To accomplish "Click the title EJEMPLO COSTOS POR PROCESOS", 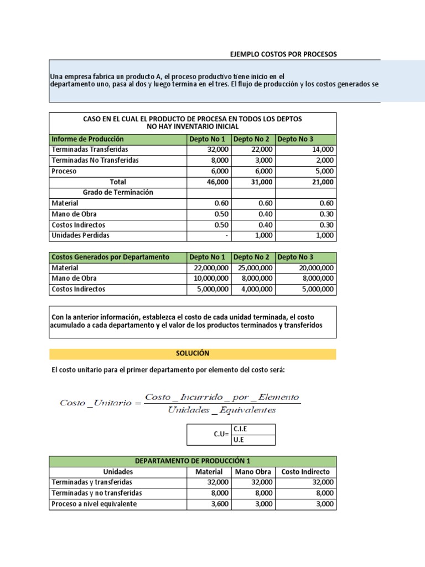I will [283, 54].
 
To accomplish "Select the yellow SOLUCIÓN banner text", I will [192, 353].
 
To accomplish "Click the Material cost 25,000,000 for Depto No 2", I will [253, 267].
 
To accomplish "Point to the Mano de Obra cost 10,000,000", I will [209, 279].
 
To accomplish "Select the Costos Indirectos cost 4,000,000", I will [253, 289].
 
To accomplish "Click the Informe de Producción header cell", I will [87, 139].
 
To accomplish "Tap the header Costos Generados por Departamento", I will [110, 257].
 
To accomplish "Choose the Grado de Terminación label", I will [118, 192].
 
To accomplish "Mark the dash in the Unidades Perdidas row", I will [224, 235].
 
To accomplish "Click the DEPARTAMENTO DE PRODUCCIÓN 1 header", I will [192, 461].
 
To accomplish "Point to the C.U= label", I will [222, 435].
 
